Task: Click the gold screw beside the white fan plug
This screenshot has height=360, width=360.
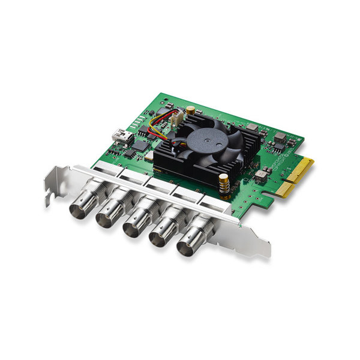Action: pyautogui.click(x=191, y=110)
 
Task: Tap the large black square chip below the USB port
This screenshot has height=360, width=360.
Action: pyautogui.click(x=140, y=145)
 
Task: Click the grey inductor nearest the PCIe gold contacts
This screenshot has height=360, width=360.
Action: pyautogui.click(x=262, y=176)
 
